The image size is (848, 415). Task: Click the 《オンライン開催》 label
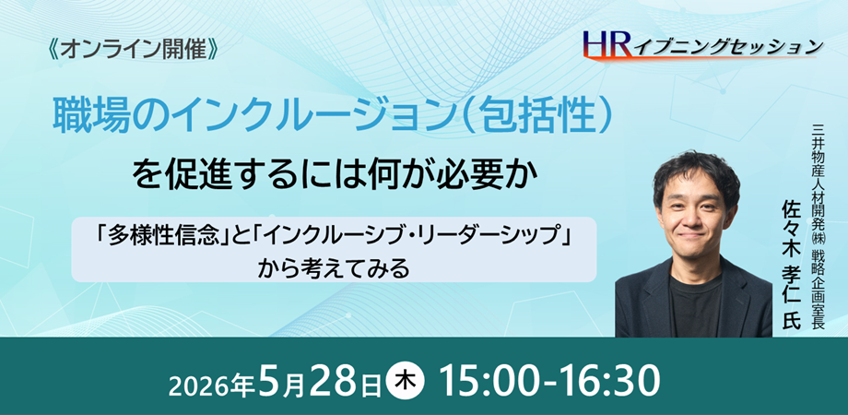pyautogui.click(x=133, y=51)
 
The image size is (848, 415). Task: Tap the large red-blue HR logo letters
pyautogui.click(x=607, y=43)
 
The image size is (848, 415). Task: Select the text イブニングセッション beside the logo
pyautogui.click(x=725, y=46)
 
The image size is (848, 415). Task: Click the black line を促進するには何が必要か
pyautogui.click(x=336, y=176)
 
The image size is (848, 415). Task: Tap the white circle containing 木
pyautogui.click(x=406, y=380)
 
